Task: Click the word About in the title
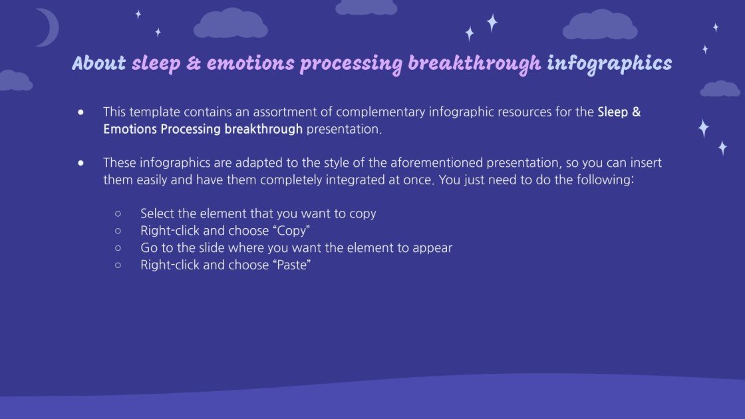(98, 63)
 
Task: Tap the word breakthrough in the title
(474, 63)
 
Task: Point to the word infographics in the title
(609, 63)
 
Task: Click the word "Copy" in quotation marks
(291, 231)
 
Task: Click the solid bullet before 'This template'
(81, 112)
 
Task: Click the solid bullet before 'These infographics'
(81, 163)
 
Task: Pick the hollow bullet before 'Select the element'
(118, 214)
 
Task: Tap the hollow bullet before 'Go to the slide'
(118, 248)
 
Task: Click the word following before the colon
(606, 180)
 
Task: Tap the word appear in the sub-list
(433, 248)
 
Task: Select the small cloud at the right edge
(720, 88)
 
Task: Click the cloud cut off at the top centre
(366, 7)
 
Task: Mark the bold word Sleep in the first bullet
(613, 112)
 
